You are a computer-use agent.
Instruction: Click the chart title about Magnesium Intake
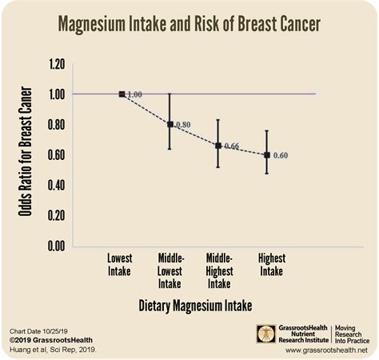point(189,25)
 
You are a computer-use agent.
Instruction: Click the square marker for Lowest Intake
point(122,94)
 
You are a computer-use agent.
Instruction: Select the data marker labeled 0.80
point(170,124)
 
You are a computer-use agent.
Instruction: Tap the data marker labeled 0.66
point(218,146)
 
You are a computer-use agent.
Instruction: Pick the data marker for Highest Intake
point(266,154)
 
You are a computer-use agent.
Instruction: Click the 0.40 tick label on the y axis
point(55,185)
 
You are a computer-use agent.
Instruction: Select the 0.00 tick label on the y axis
point(55,246)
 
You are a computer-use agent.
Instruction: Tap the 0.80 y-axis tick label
point(55,124)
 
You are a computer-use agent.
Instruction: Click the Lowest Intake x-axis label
point(120,265)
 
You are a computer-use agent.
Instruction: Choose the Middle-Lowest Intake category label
point(170,270)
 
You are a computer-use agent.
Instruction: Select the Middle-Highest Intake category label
point(219,270)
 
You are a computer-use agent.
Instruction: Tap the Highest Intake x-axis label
point(269,265)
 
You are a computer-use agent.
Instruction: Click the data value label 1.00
point(134,94)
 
